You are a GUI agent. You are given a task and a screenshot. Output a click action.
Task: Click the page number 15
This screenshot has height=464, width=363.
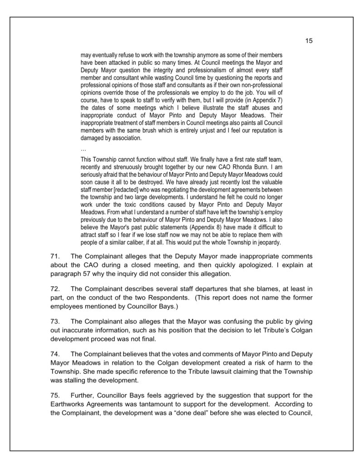tap(309, 41)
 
